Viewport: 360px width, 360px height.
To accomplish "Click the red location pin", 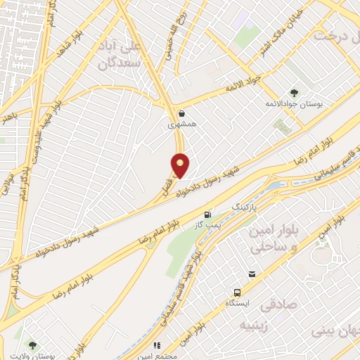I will (181, 165).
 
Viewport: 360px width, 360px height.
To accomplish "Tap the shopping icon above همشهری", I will (181, 112).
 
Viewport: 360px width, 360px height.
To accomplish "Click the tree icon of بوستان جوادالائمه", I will (293, 92).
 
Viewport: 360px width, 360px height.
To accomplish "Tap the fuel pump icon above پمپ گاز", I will (207, 215).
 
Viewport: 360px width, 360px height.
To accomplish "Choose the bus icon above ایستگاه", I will (237, 292).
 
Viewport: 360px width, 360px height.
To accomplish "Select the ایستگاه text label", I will (237, 303).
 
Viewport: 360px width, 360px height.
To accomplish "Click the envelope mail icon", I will (251, 273).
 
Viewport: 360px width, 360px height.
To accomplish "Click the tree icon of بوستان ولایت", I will (32, 345).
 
